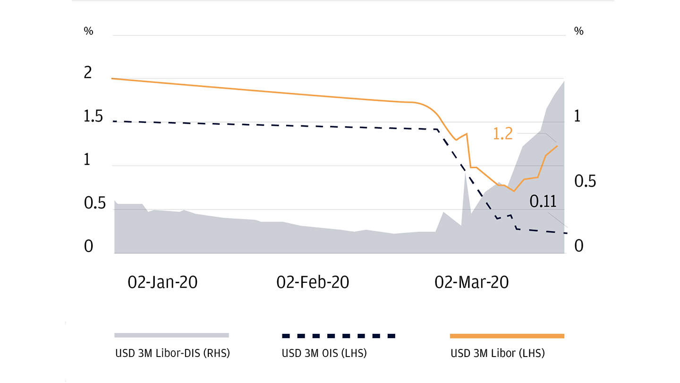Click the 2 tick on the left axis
88,73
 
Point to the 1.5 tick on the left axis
93,117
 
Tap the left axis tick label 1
86,160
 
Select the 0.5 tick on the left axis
93,204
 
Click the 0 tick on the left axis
88,246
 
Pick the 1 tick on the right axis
577,117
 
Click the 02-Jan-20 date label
162,282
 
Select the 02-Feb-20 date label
313,282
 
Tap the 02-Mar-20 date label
471,282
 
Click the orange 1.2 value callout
502,134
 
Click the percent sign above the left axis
88,31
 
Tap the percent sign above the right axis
578,31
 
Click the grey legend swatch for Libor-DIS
171,335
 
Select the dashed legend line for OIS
338,336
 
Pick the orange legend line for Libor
507,336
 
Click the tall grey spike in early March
466,189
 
